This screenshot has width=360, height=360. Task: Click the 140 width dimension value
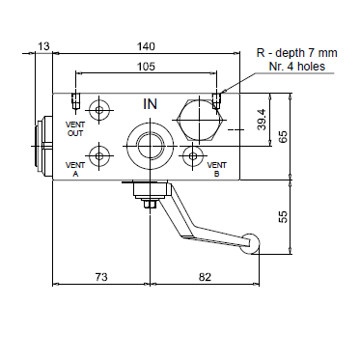(146, 46)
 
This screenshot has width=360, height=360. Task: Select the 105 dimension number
(146, 67)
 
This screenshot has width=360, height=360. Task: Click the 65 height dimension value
(283, 136)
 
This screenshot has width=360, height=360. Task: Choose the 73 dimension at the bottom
(99, 277)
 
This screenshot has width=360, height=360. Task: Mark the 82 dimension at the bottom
(205, 277)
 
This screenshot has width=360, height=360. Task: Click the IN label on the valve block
(151, 103)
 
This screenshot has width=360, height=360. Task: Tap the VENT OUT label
(75, 129)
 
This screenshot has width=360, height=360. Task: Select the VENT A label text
(75, 171)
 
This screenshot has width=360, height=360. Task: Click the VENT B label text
(216, 170)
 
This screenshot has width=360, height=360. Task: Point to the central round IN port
(151, 146)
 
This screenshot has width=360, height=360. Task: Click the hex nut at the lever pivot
(147, 202)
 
